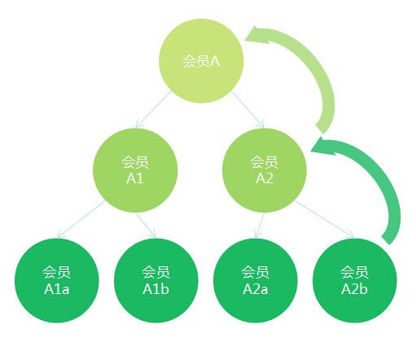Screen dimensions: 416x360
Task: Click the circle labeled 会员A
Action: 201,61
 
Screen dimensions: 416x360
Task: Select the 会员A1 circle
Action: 135,170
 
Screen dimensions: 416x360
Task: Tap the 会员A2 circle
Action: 265,170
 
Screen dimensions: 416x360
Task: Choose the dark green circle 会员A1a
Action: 57,280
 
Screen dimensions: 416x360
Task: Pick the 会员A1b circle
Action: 156,280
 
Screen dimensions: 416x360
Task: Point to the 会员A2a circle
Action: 256,280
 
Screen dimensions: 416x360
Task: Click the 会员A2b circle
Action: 355,280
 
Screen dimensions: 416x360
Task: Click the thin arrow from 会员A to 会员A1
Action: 153,109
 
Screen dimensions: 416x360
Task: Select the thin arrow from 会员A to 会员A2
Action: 247,109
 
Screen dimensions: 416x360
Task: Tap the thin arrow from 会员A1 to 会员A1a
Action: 81,219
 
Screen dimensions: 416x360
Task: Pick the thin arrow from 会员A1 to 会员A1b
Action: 146,226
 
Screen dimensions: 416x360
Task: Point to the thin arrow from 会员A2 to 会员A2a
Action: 260,226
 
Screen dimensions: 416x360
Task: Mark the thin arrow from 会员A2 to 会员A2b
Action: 325,219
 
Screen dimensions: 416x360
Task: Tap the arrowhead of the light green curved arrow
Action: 256,35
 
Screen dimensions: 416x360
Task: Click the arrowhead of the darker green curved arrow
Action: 322,147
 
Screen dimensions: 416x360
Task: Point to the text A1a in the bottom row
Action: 57,289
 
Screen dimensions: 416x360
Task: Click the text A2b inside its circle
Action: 354,289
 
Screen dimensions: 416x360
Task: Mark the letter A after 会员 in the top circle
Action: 215,61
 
